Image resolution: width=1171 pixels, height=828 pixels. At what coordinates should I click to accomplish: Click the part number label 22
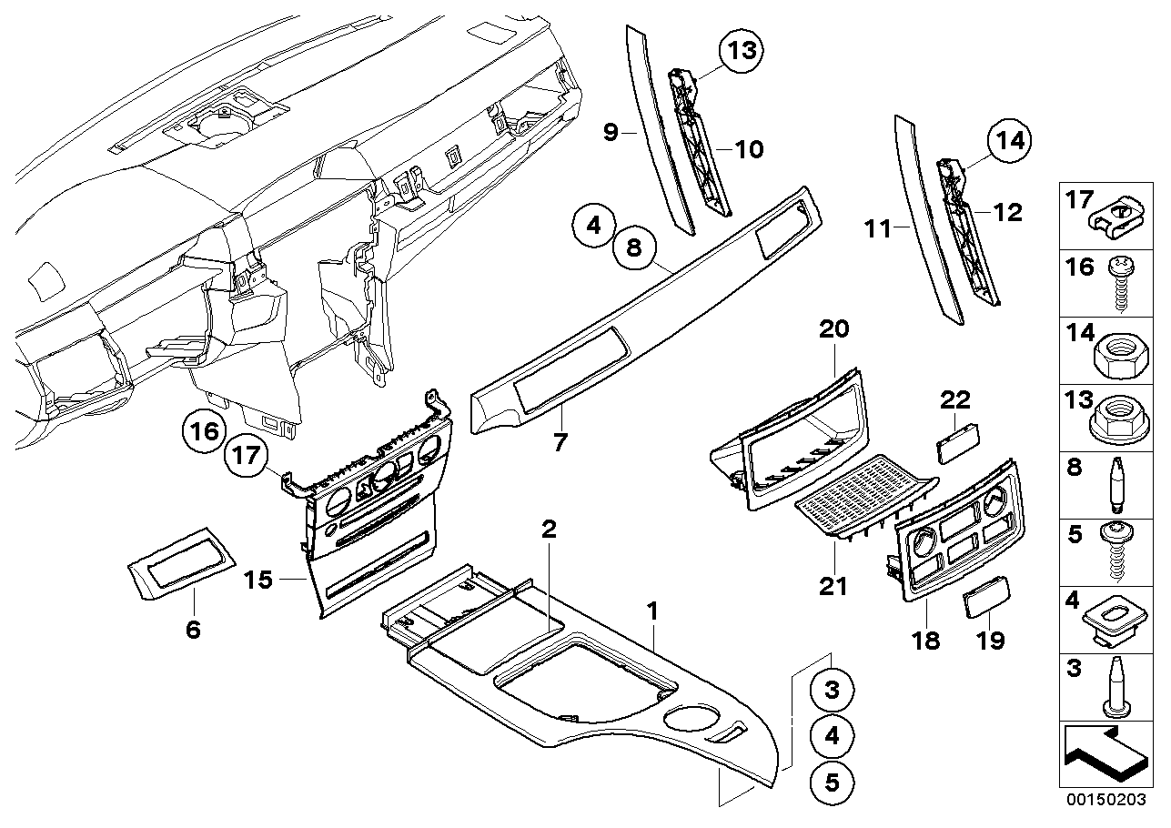tap(954, 399)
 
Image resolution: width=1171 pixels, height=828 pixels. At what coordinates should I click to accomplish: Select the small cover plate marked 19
tap(985, 602)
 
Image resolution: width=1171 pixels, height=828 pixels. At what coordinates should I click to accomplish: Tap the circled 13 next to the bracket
tap(742, 51)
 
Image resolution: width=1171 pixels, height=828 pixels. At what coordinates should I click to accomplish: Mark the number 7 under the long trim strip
tap(561, 443)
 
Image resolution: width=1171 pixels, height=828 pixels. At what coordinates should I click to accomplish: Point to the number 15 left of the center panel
tap(259, 580)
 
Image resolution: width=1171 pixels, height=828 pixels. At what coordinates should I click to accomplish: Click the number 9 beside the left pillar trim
tap(611, 133)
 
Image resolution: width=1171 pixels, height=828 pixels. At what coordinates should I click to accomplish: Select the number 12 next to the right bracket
tap(1007, 212)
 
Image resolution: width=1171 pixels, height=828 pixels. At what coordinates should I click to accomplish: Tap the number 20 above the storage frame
tap(834, 328)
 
